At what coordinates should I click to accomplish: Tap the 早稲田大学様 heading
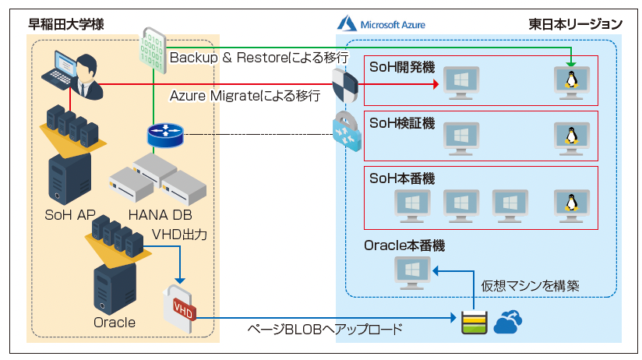(x=66, y=24)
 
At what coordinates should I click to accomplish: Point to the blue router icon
(x=164, y=136)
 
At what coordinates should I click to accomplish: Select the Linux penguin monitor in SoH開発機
(x=571, y=81)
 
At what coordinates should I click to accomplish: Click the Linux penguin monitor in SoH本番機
(x=571, y=204)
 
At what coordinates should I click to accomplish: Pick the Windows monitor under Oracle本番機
(x=412, y=272)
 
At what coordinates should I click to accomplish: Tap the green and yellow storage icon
(x=473, y=320)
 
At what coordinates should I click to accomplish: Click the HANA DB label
(x=158, y=215)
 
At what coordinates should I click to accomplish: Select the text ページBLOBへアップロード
(x=325, y=329)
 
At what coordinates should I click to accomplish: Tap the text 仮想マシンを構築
(x=531, y=285)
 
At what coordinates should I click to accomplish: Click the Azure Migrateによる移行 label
(x=245, y=95)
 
